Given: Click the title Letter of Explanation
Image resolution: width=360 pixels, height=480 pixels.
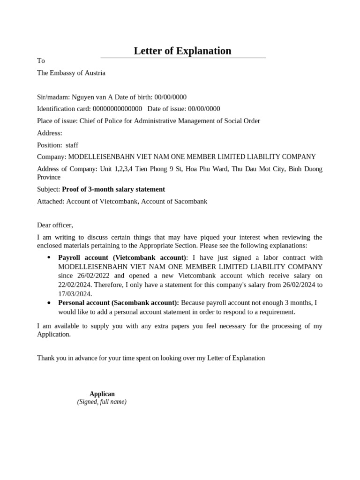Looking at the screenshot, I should (x=182, y=51).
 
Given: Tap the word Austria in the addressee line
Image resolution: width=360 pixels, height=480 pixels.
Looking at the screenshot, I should (x=95, y=73).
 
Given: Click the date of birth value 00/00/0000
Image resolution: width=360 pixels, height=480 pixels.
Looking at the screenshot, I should (x=170, y=97).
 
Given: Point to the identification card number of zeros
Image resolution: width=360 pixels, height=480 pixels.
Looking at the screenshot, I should (x=117, y=109).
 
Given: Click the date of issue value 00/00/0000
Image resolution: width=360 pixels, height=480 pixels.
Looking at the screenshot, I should (x=204, y=109).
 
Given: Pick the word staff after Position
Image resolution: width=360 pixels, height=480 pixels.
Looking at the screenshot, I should (x=72, y=145).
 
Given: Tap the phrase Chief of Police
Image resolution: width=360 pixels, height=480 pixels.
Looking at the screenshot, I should (x=101, y=121).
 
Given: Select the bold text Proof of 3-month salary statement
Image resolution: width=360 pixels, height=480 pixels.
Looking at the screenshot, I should (x=113, y=189).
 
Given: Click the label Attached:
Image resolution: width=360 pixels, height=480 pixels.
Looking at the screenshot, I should (x=51, y=202).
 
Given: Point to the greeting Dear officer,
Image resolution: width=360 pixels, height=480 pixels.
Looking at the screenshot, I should (x=55, y=225).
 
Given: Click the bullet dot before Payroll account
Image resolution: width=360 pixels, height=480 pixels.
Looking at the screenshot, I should (x=49, y=258).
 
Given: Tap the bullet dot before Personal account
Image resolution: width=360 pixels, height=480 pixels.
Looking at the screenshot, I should (x=49, y=303).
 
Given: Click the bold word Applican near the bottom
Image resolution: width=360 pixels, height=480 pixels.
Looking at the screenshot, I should (x=102, y=394).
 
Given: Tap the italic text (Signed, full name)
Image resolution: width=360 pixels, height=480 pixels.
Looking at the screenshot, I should (x=102, y=402).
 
